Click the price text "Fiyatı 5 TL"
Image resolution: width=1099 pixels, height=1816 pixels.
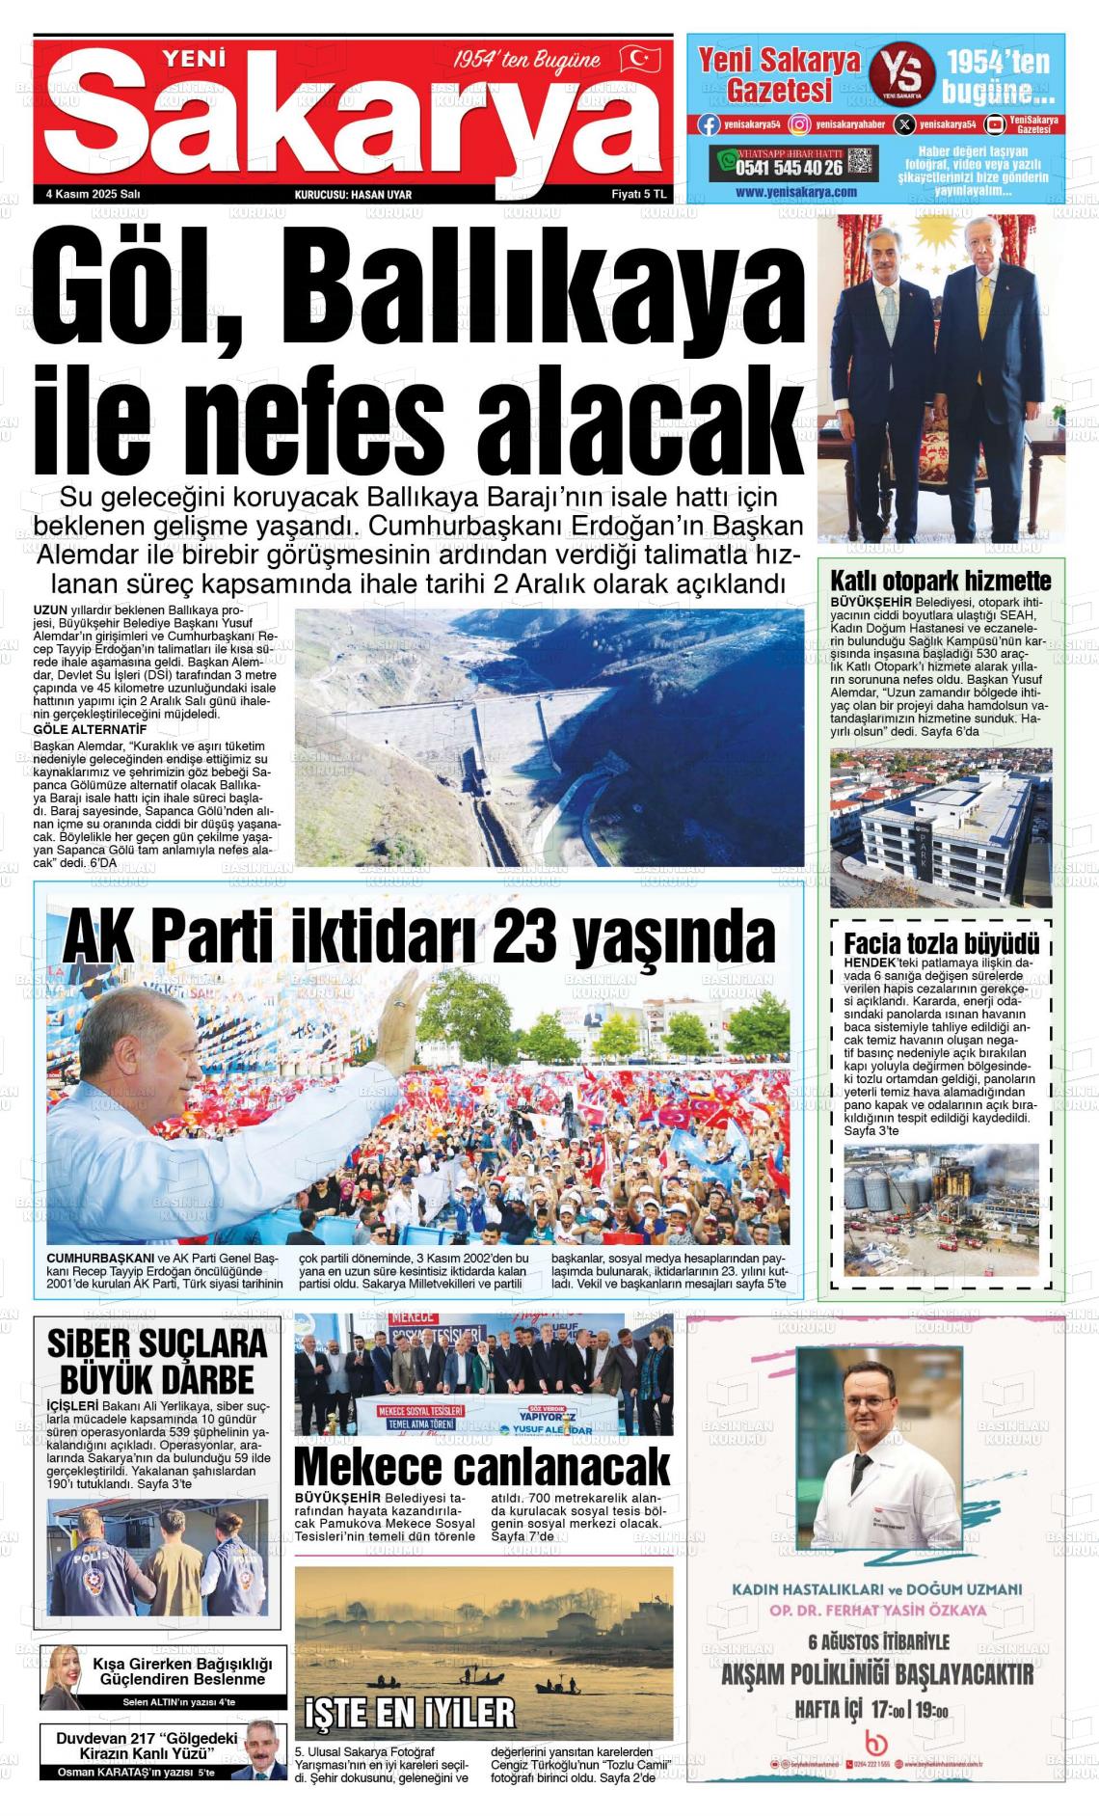[x=639, y=194]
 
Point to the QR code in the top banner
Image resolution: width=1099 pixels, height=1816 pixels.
[x=862, y=161]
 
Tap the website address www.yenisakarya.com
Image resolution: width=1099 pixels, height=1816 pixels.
[x=795, y=192]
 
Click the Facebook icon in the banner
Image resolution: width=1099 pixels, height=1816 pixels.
[x=709, y=124]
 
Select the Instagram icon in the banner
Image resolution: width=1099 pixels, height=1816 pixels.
[x=799, y=124]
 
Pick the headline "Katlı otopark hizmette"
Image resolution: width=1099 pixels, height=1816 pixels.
[x=940, y=581]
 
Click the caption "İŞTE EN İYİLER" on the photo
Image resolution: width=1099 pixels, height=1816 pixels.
[x=410, y=1712]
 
